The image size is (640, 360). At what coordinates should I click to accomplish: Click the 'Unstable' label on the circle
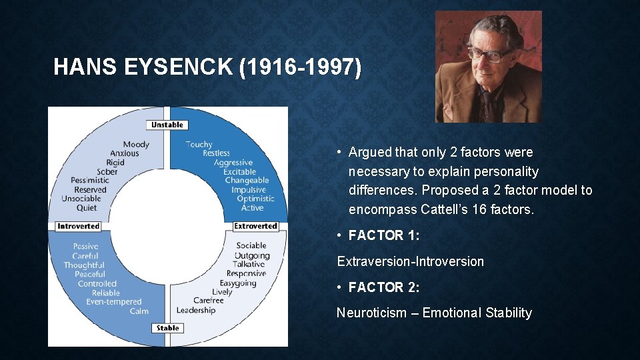[x=167, y=125]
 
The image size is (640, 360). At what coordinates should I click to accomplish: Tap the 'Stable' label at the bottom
[x=167, y=328]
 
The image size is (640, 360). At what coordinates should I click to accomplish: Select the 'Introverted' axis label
[x=79, y=226]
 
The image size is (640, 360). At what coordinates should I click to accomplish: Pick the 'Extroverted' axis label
[x=255, y=226]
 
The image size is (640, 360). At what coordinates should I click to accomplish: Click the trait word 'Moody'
[x=136, y=145]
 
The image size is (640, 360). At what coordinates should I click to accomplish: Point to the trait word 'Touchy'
[x=199, y=145]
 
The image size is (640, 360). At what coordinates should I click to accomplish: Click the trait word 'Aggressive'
[x=233, y=163]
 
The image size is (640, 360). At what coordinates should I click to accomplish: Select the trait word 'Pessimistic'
[x=90, y=181]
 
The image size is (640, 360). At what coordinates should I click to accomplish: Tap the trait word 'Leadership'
[x=196, y=311]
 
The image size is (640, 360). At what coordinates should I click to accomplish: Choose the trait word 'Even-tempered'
[x=114, y=302]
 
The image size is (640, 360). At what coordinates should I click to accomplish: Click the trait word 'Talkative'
[x=249, y=265]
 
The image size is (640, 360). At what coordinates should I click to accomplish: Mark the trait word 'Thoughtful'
[x=84, y=265]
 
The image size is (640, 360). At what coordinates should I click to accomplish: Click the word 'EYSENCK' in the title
[x=179, y=67]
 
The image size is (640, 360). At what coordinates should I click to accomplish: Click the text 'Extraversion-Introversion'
[x=410, y=261]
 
